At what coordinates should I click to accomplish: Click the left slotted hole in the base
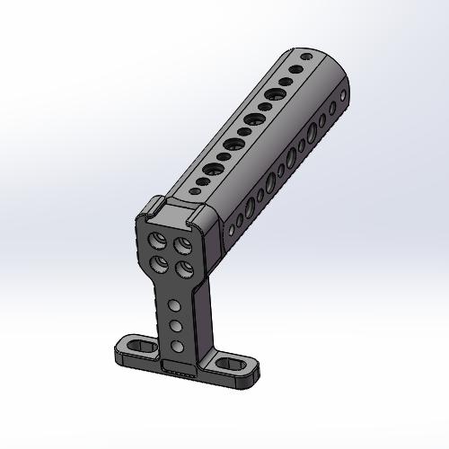coord(137,343)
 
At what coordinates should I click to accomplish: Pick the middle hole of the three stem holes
coord(177,325)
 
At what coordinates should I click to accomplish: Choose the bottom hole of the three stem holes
coord(179,346)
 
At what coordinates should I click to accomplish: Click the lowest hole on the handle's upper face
coord(193,190)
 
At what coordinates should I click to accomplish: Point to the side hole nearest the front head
coord(232,230)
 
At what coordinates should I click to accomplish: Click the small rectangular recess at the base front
coord(180,367)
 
